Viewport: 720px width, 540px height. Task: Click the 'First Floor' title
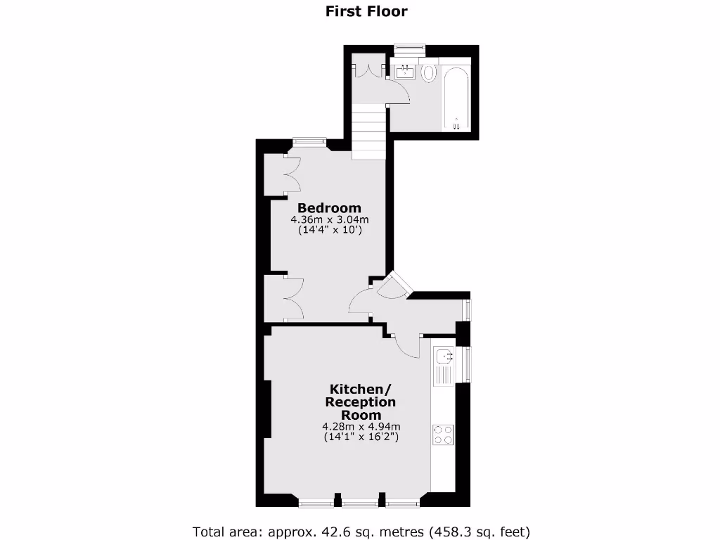(x=366, y=11)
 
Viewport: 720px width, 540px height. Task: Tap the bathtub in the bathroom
(x=457, y=98)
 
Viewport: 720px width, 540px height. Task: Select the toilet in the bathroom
(x=428, y=72)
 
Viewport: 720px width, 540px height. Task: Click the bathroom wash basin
(x=405, y=71)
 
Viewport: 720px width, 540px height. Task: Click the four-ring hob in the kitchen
(x=443, y=435)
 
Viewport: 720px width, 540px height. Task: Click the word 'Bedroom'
(x=329, y=208)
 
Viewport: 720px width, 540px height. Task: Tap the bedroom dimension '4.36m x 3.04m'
(x=329, y=220)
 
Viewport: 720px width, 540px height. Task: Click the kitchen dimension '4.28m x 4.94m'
(x=361, y=426)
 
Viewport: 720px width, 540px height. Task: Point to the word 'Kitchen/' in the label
(x=360, y=390)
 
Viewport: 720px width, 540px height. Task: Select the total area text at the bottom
(x=361, y=531)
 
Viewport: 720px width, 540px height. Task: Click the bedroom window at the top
(x=309, y=141)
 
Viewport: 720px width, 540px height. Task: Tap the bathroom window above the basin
(x=410, y=49)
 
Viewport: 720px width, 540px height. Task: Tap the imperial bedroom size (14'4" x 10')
(x=329, y=230)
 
